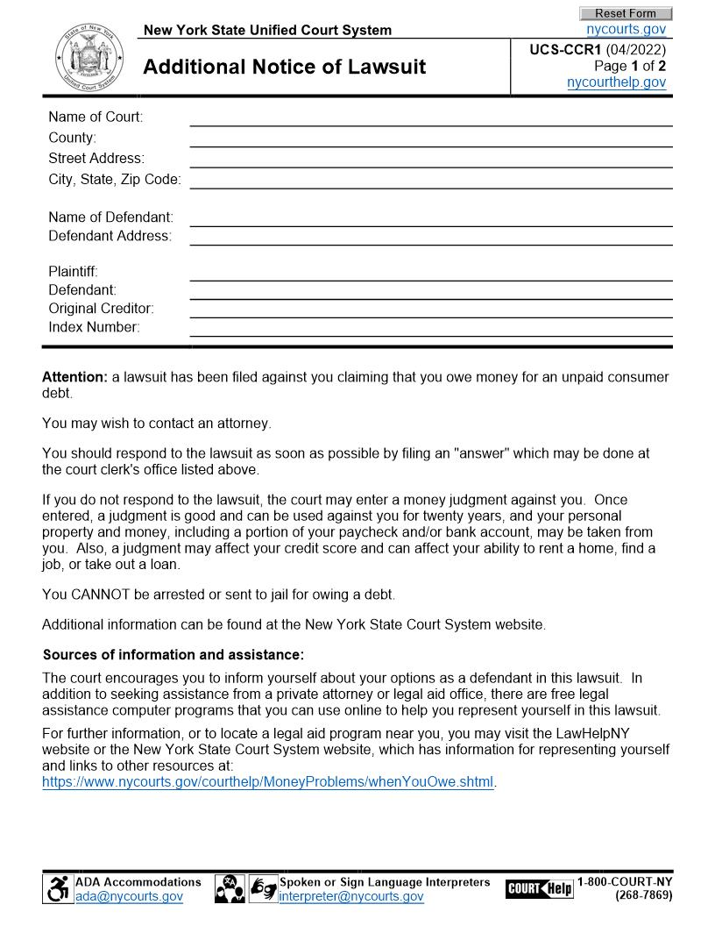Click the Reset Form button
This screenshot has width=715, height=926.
(625, 13)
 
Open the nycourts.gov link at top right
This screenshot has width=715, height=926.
(626, 29)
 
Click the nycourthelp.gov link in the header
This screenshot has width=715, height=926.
(616, 82)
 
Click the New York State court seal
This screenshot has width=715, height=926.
(85, 57)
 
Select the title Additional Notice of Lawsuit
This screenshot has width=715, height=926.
(284, 67)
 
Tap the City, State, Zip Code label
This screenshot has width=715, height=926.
(115, 179)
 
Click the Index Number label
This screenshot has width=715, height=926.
(94, 327)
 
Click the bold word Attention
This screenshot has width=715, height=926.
(74, 377)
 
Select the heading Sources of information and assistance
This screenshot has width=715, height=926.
(173, 654)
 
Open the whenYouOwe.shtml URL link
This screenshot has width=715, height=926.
(268, 781)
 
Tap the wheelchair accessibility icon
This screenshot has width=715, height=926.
(58, 889)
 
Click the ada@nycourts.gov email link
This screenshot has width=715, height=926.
(129, 896)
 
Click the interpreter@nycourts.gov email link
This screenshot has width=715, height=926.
(350, 896)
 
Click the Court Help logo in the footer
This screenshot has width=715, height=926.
(539, 888)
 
